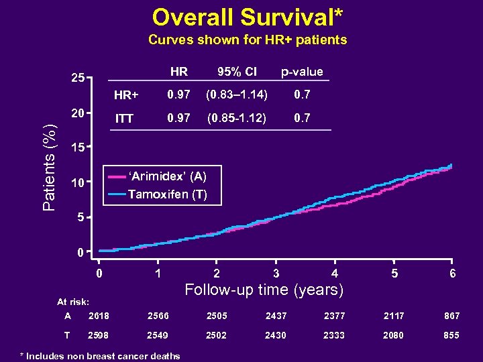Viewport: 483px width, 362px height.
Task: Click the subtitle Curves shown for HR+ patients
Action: [x=248, y=40]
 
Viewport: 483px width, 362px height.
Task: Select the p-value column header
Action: [x=301, y=72]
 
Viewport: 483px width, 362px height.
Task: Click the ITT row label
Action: [x=124, y=119]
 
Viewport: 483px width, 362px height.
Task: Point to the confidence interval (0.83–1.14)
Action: [x=236, y=95]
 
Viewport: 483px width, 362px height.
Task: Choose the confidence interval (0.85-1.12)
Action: [x=236, y=118]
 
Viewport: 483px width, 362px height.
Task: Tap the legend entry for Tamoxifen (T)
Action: [x=167, y=195]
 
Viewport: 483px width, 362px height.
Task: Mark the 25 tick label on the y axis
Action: [x=78, y=78]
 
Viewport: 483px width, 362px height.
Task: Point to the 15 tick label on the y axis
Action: [x=78, y=147]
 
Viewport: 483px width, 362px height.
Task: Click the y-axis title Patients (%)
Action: [x=50, y=168]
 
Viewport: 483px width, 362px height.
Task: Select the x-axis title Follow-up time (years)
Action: [x=264, y=290]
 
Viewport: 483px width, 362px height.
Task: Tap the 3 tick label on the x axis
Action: [x=276, y=274]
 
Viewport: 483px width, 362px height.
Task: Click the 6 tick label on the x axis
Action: [x=453, y=274]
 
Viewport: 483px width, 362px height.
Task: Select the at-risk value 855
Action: [x=451, y=335]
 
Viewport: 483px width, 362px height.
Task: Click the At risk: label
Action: [x=73, y=302]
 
